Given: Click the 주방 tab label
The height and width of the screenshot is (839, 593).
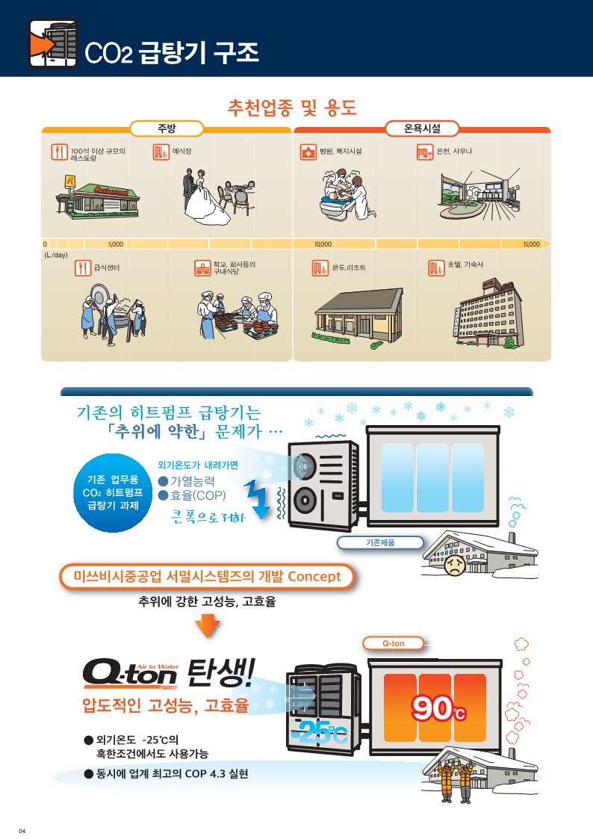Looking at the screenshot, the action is [167, 129].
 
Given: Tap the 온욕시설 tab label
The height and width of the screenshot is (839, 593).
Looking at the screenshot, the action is [422, 129].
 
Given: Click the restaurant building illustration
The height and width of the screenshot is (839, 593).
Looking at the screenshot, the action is [97, 197].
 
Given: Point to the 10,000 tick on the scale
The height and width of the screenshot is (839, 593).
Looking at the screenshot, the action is [323, 244].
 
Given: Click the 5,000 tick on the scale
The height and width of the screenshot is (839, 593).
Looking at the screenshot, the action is [116, 244].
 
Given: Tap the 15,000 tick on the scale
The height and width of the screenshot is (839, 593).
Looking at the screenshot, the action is [531, 244].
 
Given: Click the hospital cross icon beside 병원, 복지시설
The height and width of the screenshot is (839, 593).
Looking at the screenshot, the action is [308, 152].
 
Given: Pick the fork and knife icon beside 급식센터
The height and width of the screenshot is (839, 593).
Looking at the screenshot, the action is [83, 267].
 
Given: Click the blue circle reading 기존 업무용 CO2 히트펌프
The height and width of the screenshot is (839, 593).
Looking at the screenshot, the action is [113, 493].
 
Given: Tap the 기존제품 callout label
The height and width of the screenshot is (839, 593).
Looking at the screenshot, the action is [380, 542].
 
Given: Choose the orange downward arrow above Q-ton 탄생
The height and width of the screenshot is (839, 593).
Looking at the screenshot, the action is [208, 625].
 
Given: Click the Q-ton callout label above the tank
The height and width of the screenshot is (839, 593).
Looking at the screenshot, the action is [394, 643].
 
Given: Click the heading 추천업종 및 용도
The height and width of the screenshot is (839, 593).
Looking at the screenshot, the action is [292, 108].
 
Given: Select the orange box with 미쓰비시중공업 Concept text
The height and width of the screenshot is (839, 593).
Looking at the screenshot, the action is [207, 577].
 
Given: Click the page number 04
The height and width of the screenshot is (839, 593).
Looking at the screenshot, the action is [22, 831].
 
